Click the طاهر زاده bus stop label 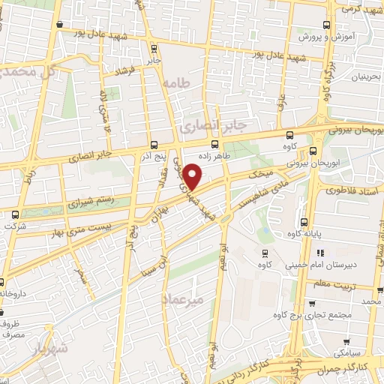point(214,156)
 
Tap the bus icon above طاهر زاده point(215,145)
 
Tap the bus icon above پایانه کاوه point(304,222)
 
